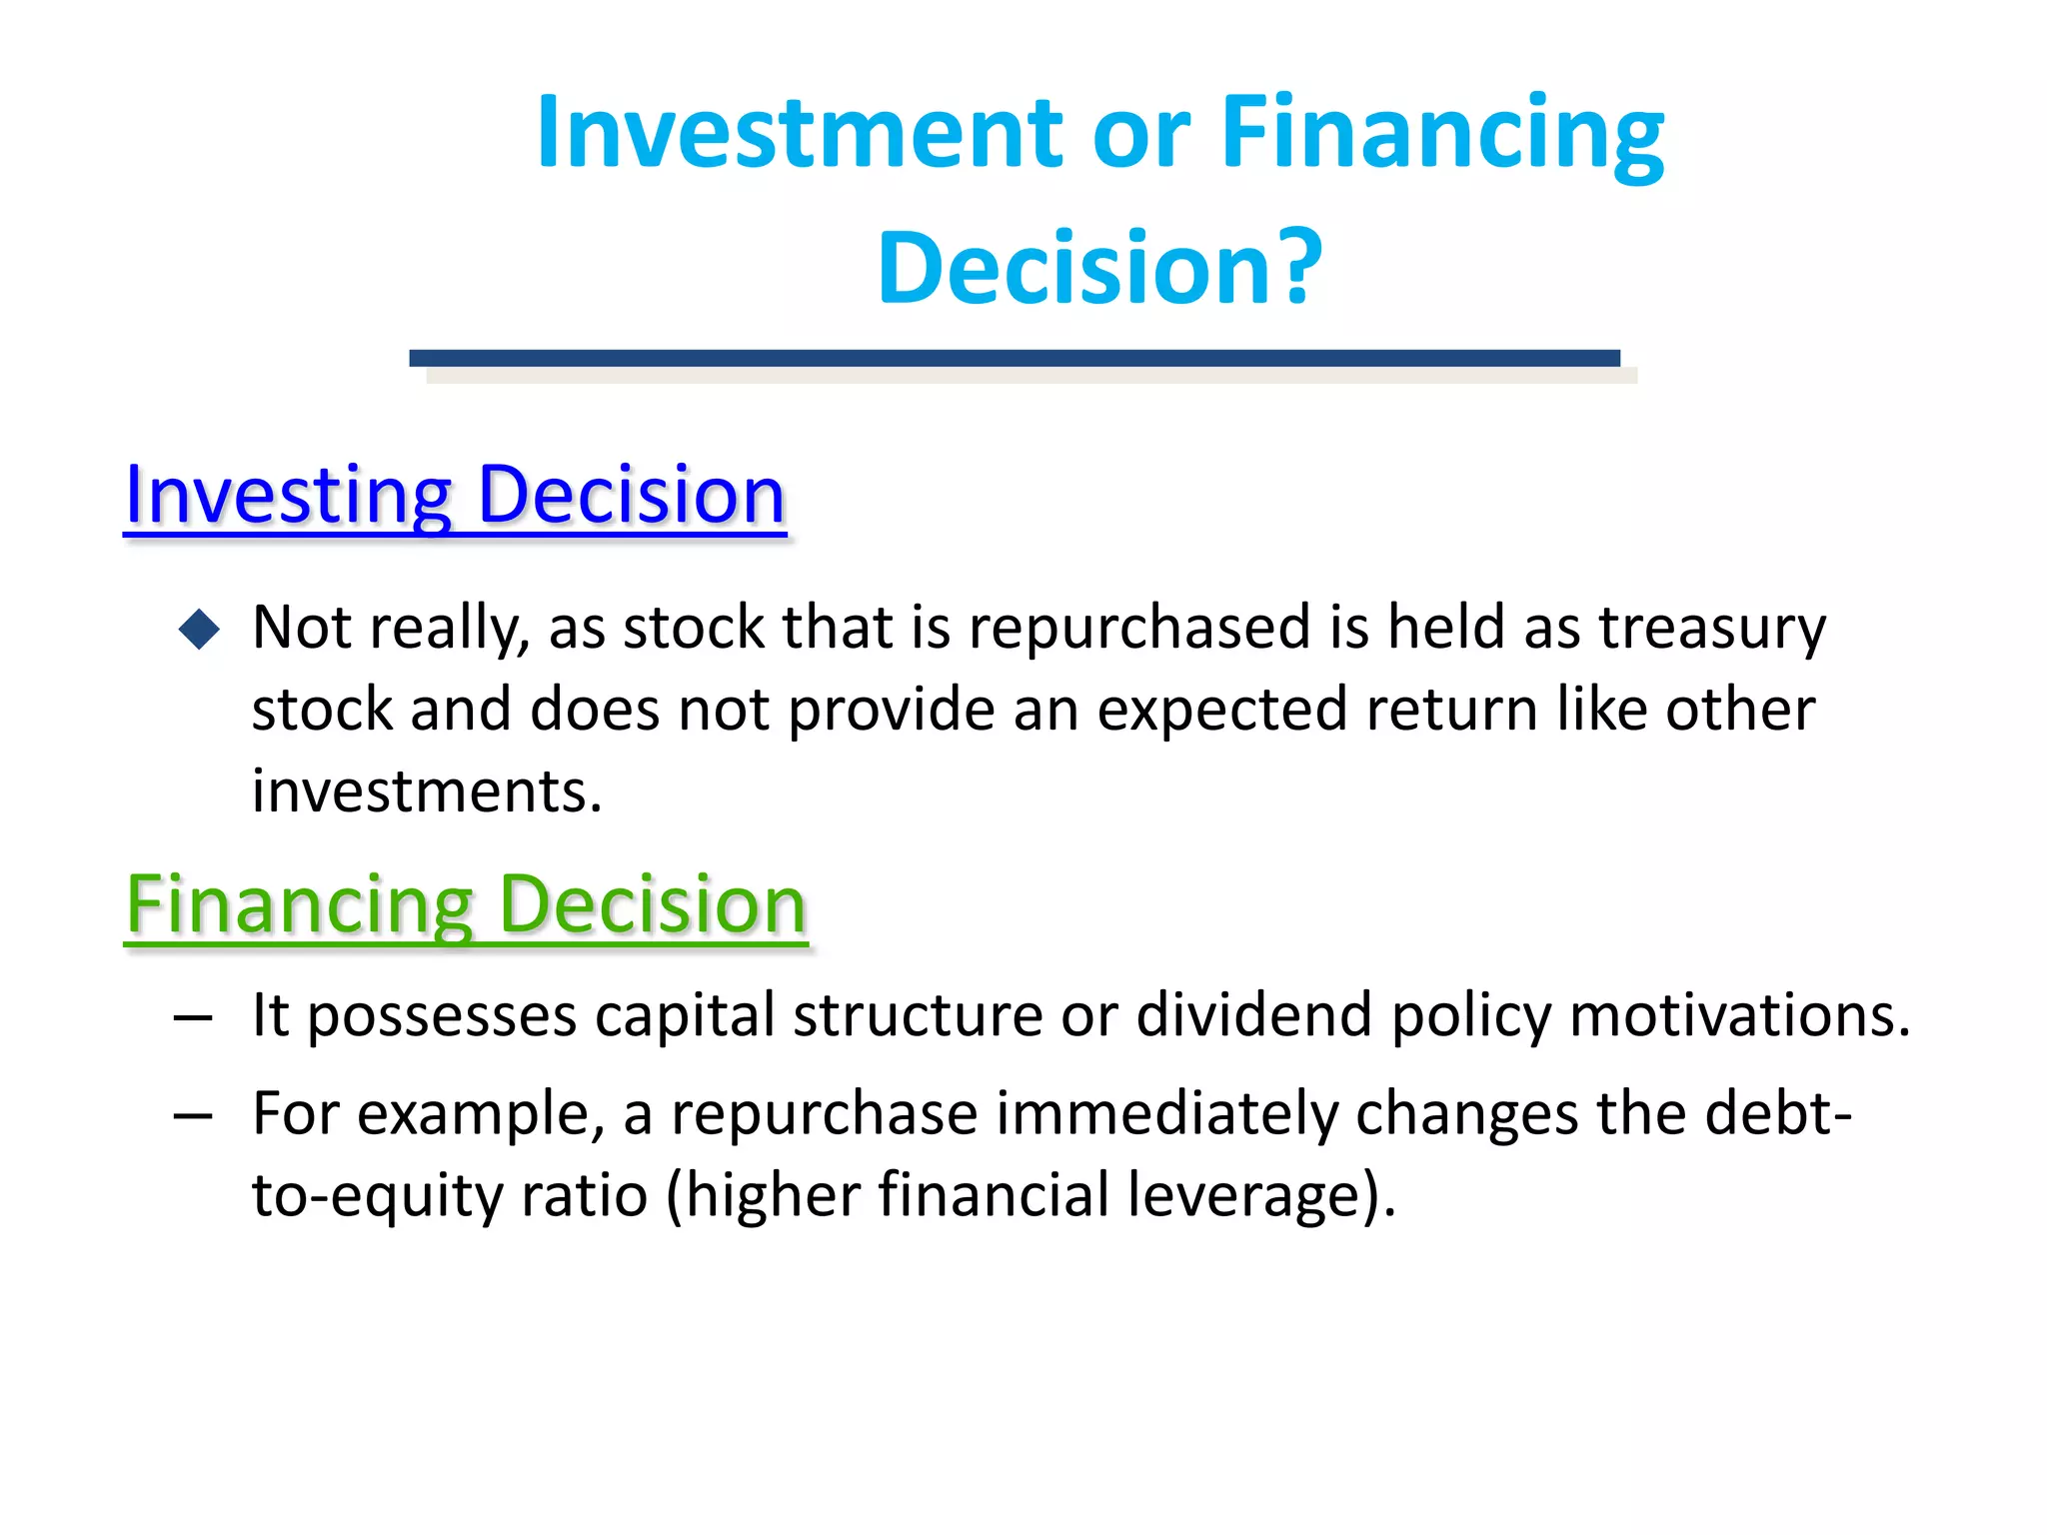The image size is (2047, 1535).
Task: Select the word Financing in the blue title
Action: [1441, 132]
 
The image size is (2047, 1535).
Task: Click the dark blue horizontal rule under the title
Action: [1014, 358]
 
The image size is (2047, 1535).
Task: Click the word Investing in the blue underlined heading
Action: [289, 496]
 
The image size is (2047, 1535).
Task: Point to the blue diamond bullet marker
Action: [199, 630]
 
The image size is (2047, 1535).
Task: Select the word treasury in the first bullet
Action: [1711, 628]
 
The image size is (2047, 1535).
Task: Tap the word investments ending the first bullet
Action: [426, 791]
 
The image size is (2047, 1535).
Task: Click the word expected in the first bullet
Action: [1222, 711]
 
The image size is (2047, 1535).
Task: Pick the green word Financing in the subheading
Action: [299, 905]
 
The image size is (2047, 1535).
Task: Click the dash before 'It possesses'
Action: [193, 1018]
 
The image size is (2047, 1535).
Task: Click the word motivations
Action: [1739, 1015]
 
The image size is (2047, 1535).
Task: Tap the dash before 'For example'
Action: [193, 1115]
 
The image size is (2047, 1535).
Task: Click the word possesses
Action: [441, 1015]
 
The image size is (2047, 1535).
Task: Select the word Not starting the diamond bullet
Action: [301, 628]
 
